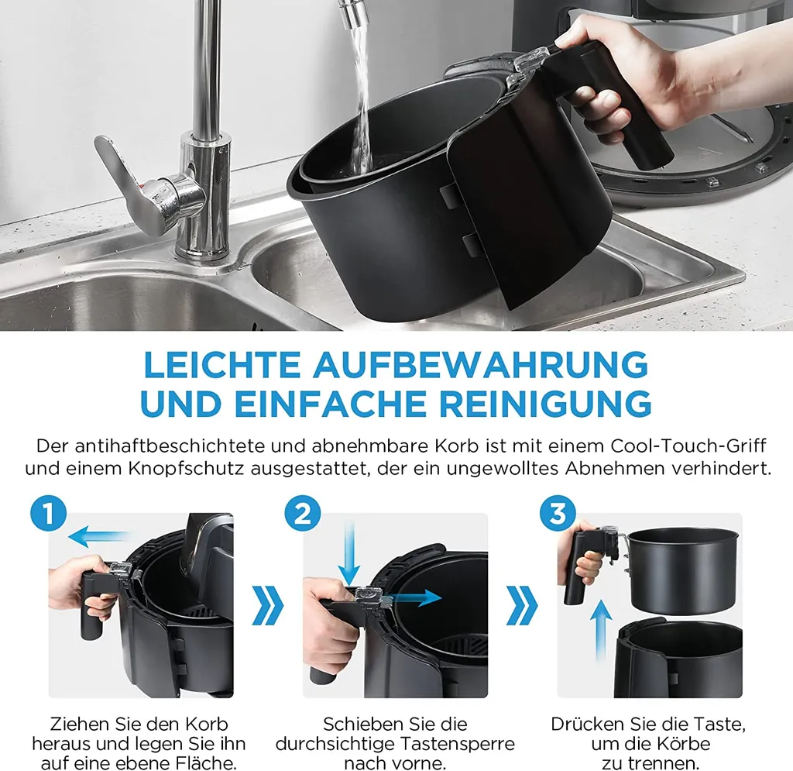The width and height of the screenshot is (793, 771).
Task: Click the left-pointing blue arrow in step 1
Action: click(98, 535)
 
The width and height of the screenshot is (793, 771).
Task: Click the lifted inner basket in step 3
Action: click(681, 569)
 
